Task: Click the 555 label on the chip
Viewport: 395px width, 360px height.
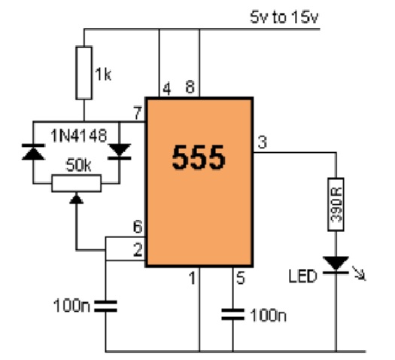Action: (x=199, y=157)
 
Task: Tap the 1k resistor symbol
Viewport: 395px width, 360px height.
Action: (x=84, y=73)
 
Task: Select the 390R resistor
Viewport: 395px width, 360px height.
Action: (x=336, y=204)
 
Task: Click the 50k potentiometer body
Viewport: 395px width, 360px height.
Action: (x=77, y=183)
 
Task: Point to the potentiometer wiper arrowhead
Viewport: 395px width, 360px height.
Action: (x=76, y=198)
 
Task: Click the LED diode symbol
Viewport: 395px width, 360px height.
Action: (x=336, y=265)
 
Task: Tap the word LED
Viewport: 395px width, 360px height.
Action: (x=302, y=276)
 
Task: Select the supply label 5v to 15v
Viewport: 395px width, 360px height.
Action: (x=284, y=17)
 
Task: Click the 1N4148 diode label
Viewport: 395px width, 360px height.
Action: (x=79, y=136)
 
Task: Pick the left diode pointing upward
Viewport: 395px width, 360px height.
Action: (x=33, y=152)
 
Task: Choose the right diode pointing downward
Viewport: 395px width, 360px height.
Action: (x=120, y=152)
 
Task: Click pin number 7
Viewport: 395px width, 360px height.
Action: (x=138, y=113)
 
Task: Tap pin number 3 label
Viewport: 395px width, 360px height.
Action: (x=263, y=142)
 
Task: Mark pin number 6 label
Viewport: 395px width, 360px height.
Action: (x=138, y=227)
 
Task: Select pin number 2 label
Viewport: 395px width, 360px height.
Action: (x=138, y=250)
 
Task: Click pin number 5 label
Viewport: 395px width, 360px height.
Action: (x=241, y=278)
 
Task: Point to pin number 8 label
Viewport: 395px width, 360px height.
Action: (x=190, y=87)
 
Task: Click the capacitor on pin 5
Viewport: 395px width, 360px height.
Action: (x=232, y=314)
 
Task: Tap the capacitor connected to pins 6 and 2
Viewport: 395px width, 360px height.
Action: (x=105, y=306)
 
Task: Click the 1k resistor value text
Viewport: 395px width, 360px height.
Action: (x=103, y=75)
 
